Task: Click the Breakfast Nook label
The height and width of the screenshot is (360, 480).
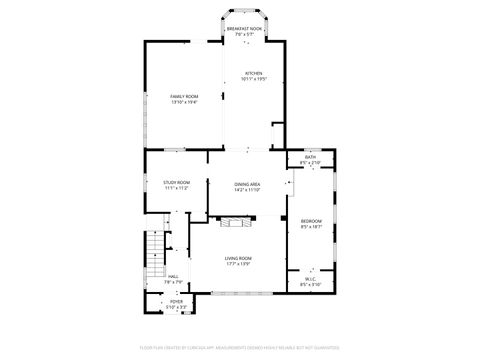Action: [x=244, y=30]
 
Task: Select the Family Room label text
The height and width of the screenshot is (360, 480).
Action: [x=184, y=96]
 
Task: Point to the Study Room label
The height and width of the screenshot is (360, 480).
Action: [x=177, y=182]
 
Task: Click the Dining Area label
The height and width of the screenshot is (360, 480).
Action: [x=247, y=184]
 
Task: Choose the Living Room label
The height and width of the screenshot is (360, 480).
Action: [x=237, y=258]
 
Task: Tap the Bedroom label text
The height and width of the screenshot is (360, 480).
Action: [x=311, y=221]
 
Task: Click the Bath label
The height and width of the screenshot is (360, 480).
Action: [x=310, y=157]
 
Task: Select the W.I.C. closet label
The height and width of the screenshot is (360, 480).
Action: [x=310, y=280]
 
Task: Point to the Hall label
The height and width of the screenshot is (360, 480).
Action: [x=173, y=277]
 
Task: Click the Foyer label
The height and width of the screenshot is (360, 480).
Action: [x=176, y=301]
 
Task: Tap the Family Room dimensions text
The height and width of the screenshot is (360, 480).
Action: [x=184, y=102]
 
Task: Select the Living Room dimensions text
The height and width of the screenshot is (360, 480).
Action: [x=237, y=264]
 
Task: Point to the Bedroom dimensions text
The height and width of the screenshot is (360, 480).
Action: [x=311, y=227]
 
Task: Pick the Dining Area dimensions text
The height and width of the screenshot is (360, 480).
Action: [x=247, y=190]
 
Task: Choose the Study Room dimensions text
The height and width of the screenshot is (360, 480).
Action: [x=177, y=188]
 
